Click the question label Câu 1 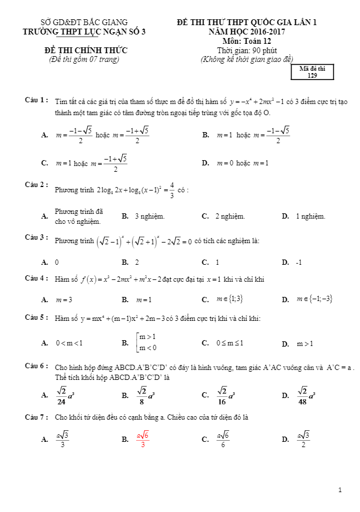[36, 100]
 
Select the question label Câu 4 [36, 278]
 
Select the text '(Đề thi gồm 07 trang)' [84, 59]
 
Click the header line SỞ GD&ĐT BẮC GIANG [84, 22]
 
